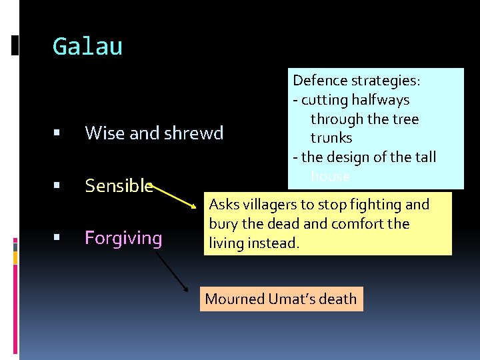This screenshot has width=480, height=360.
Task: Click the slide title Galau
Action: pyautogui.click(x=87, y=47)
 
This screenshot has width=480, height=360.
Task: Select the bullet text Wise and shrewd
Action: pyautogui.click(x=154, y=133)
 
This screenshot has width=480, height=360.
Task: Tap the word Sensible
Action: pyautogui.click(x=119, y=186)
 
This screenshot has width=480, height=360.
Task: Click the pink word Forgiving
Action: pyautogui.click(x=123, y=238)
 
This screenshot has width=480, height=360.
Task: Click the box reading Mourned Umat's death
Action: pyautogui.click(x=281, y=299)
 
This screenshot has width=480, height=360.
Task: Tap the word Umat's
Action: pyautogui.click(x=293, y=299)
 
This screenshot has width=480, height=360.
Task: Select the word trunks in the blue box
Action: pyautogui.click(x=331, y=138)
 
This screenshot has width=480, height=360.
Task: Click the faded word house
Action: pyautogui.click(x=330, y=177)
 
